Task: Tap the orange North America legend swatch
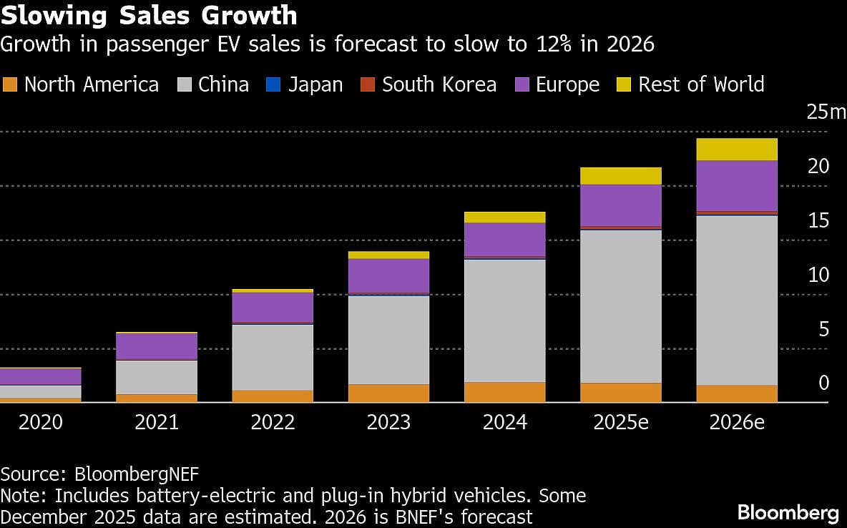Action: [x=9, y=85]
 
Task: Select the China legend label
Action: [x=223, y=84]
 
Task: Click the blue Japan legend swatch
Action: [x=274, y=85]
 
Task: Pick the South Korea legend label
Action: [x=439, y=84]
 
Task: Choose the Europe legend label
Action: [x=567, y=84]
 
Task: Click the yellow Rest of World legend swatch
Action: [x=623, y=85]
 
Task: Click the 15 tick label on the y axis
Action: [x=818, y=220]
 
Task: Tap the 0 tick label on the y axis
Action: [x=823, y=383]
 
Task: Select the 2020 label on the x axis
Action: [x=41, y=422]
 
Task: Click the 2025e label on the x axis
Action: [x=621, y=422]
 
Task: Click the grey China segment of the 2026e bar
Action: [x=737, y=300]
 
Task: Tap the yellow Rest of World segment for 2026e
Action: [x=737, y=150]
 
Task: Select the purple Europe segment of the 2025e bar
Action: [x=621, y=205]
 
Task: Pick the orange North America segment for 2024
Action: [x=504, y=392]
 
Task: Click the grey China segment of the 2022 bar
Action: [x=273, y=357]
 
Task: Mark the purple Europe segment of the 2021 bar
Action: [x=157, y=346]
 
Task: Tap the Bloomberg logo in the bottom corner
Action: [x=788, y=512]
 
